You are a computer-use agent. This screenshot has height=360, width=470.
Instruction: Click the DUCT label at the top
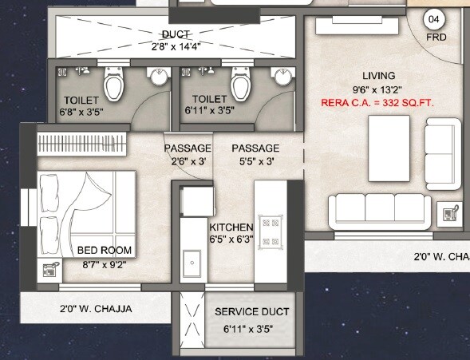176,34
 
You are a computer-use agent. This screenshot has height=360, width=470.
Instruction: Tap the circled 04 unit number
434,18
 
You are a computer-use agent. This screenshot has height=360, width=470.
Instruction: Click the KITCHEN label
231,226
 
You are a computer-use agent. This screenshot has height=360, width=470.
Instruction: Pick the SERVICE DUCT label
252,311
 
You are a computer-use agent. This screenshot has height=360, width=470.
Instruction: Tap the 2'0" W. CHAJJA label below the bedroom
95,309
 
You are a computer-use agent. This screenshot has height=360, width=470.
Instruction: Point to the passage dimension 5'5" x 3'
255,160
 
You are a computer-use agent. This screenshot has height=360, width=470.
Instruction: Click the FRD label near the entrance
435,37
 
